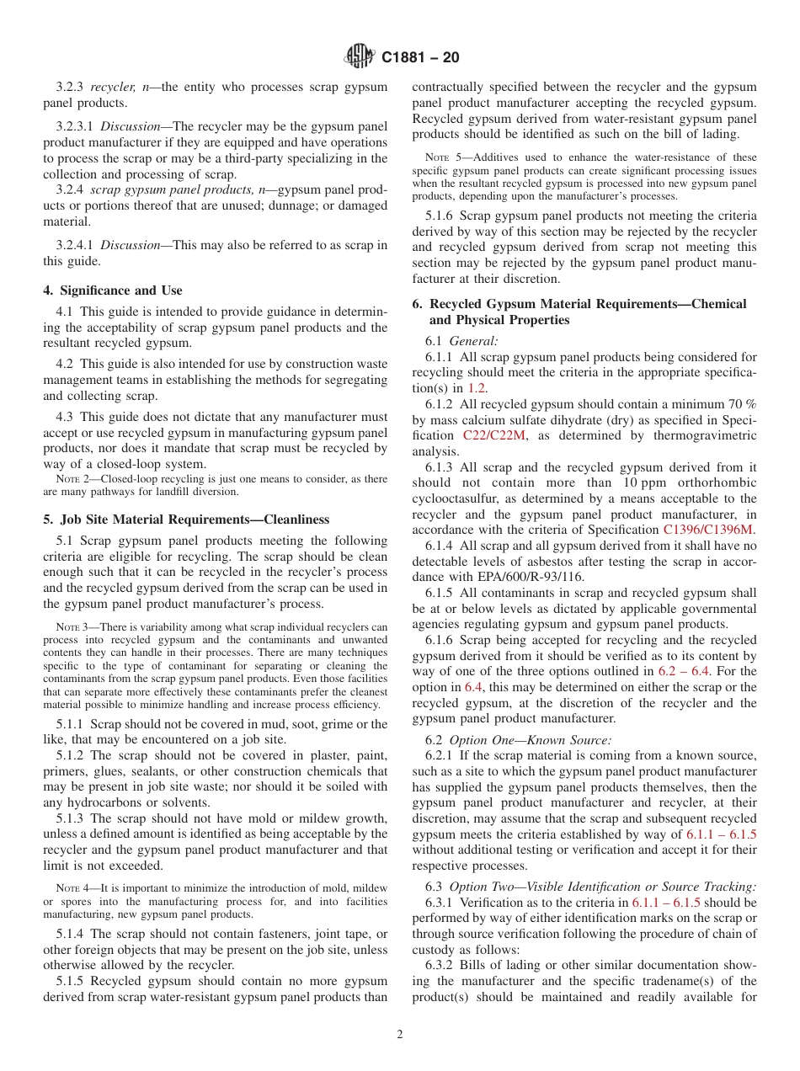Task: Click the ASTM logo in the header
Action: tap(360, 57)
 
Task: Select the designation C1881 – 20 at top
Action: tap(420, 58)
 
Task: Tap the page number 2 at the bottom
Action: tap(400, 1035)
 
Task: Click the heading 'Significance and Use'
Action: tap(112, 290)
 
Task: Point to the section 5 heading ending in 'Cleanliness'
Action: tap(186, 520)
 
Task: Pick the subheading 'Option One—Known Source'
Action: tap(530, 740)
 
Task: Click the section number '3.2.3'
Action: tap(70, 87)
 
